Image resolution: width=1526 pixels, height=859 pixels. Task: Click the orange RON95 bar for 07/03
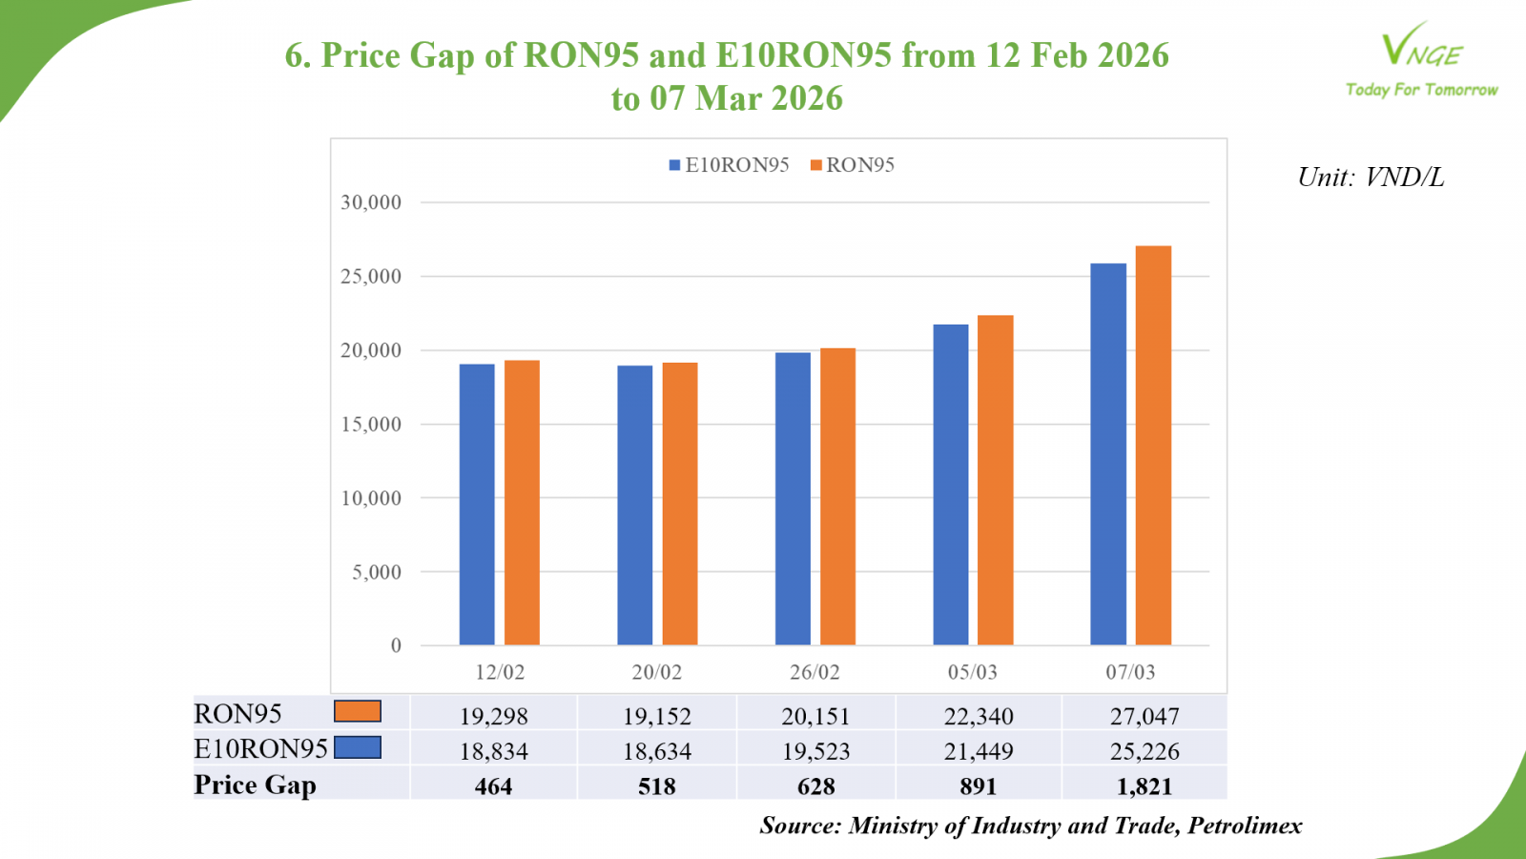point(1153,446)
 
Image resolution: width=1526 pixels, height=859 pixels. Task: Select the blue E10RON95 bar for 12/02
point(477,505)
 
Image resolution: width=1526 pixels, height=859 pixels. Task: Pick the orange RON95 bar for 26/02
point(838,496)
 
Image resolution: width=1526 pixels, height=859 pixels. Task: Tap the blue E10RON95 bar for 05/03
point(951,485)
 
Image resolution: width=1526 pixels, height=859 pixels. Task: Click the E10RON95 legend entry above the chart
point(730,165)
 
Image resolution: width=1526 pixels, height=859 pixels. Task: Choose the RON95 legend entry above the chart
point(853,165)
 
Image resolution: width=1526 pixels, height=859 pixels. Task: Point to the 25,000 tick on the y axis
point(371,277)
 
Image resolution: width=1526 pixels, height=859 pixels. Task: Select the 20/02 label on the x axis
point(657,672)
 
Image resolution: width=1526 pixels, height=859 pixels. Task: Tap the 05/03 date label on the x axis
point(972,672)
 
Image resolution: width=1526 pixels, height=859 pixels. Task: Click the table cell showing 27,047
point(1144,716)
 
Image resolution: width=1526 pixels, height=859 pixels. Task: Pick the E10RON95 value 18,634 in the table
point(657,751)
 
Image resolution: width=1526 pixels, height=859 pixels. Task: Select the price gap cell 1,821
point(1144,786)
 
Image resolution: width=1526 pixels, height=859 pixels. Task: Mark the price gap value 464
point(494,786)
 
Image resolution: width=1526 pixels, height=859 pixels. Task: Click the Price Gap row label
point(255,785)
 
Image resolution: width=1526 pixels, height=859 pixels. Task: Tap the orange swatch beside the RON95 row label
point(358,711)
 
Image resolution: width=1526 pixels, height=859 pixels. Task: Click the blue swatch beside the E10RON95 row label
point(358,747)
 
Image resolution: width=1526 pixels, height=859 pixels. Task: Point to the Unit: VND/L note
point(1371,178)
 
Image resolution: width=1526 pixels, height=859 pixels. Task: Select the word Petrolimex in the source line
point(1245,826)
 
